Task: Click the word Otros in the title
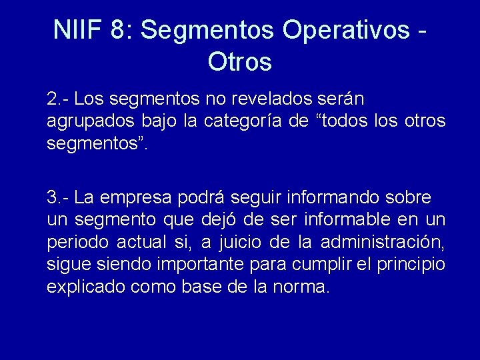[x=240, y=62]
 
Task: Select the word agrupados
[x=85, y=122]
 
